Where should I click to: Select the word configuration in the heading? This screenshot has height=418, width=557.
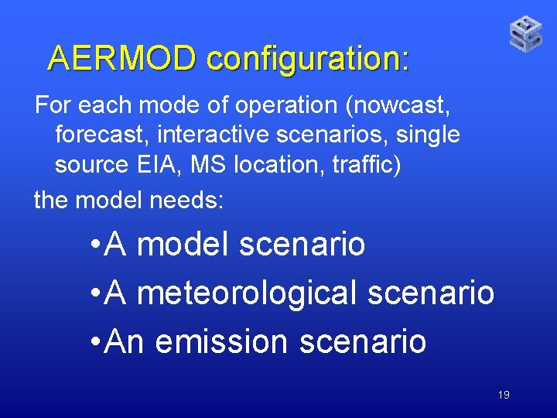tap(308, 59)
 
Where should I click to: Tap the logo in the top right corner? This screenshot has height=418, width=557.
tap(526, 34)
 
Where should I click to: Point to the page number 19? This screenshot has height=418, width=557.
tap(504, 396)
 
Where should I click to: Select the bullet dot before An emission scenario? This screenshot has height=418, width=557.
tap(94, 341)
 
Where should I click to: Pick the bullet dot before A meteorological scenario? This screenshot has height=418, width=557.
tap(94, 293)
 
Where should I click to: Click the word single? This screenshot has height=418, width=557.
tap(428, 135)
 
